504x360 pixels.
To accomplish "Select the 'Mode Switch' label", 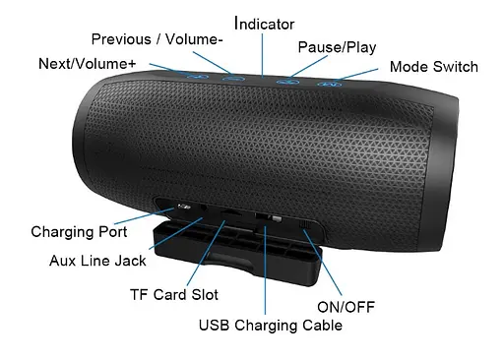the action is [x=433, y=67].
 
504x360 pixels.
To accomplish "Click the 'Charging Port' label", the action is [x=79, y=232].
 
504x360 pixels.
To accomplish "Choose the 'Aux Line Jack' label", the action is [x=97, y=261].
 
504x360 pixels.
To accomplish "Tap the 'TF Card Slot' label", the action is [x=173, y=294].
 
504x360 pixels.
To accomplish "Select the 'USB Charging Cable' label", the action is [x=270, y=325].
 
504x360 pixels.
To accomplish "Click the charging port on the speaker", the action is [x=182, y=209].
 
